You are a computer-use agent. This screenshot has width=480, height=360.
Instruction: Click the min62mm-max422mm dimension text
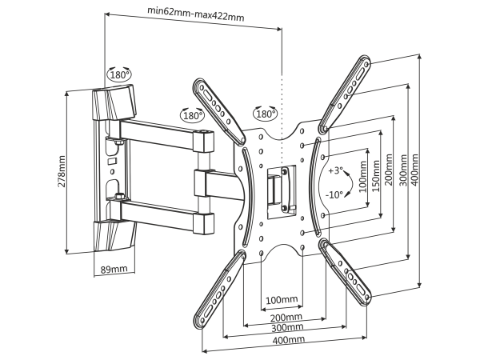click(196, 13)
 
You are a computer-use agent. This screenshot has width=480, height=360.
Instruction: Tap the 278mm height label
click(62, 170)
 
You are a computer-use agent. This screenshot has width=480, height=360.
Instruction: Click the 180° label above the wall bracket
click(120, 74)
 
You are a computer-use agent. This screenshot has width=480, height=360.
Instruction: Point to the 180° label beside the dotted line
click(265, 114)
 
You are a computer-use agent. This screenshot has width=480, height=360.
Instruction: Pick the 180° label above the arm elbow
click(192, 115)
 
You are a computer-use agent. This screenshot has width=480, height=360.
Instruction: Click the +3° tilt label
click(335, 170)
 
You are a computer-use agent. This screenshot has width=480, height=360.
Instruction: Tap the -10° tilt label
click(335, 194)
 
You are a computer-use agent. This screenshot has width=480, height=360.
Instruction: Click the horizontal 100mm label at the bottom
click(281, 300)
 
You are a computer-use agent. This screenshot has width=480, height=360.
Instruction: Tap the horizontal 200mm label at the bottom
click(286, 318)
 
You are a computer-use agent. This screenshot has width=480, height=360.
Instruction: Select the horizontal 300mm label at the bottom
click(286, 329)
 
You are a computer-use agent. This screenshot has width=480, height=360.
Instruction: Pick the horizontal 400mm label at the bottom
click(286, 340)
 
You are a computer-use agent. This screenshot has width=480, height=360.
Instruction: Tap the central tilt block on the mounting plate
click(277, 187)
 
